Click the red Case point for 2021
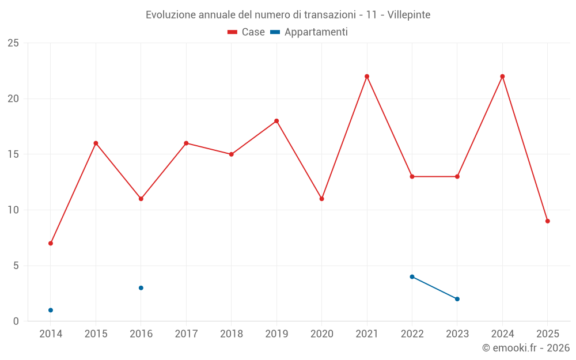pyautogui.click(x=367, y=77)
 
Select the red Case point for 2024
pyautogui.click(x=502, y=77)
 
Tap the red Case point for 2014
pyautogui.click(x=51, y=243)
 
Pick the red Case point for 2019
pyautogui.click(x=276, y=121)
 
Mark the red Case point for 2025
pyautogui.click(x=547, y=221)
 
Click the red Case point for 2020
pyautogui.click(x=321, y=199)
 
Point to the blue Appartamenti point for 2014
pyautogui.click(x=51, y=310)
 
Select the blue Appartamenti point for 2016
pyautogui.click(x=141, y=288)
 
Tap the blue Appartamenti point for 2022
pyautogui.click(x=412, y=276)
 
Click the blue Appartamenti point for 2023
pyautogui.click(x=457, y=299)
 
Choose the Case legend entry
pyautogui.click(x=247, y=32)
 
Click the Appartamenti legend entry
pyautogui.click(x=309, y=32)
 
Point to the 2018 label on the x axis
pyautogui.click(x=231, y=334)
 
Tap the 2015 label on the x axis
pyautogui.click(x=96, y=334)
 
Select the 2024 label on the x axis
pyautogui.click(x=502, y=334)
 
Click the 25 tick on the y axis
pyautogui.click(x=13, y=43)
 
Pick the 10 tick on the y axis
pyautogui.click(x=13, y=210)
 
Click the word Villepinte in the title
pyautogui.click(x=409, y=14)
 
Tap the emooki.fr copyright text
pyautogui.click(x=525, y=348)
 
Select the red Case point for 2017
pyautogui.click(x=186, y=143)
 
